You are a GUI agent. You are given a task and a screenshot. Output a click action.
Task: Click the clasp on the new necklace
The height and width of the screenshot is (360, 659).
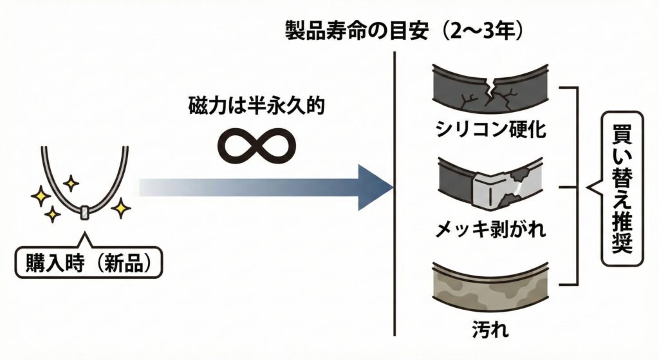[85, 213]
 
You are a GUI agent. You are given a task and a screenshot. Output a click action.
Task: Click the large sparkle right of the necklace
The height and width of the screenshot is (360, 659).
[120, 207]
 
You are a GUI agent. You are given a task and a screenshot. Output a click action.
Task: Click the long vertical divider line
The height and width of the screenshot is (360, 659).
[393, 193]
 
